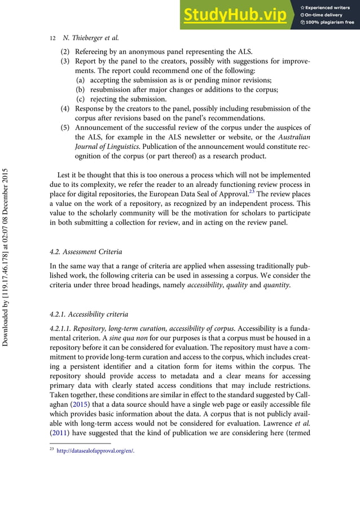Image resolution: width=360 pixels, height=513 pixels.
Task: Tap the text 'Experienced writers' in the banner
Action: (x=329, y=6)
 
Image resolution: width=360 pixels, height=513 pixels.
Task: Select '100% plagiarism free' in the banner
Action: (x=330, y=23)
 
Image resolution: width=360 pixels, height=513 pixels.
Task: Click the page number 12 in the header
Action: (x=52, y=38)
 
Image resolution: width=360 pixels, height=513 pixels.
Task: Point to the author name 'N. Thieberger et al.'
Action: (x=90, y=38)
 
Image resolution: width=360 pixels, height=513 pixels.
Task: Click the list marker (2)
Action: (x=66, y=55)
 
